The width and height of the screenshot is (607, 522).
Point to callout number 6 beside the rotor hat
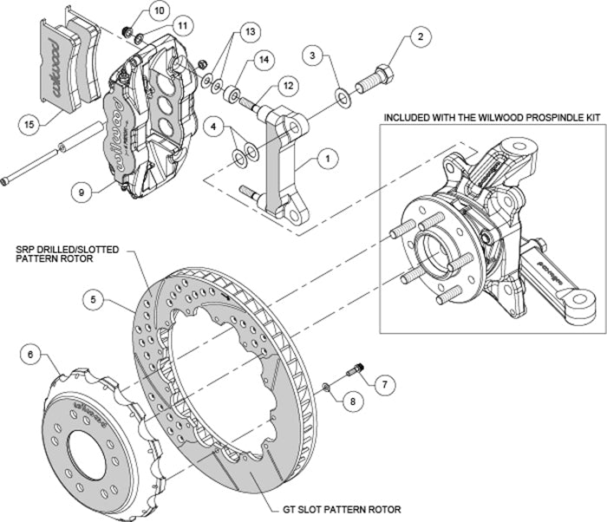[30, 354]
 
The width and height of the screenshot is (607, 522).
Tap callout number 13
[250, 32]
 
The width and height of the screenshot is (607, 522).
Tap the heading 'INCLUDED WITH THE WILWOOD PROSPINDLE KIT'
[489, 114]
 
